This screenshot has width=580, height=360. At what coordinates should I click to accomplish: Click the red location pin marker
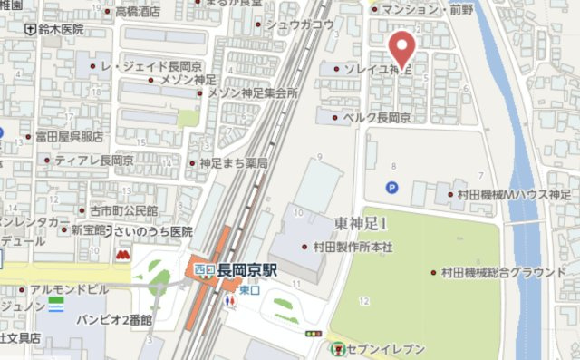402,45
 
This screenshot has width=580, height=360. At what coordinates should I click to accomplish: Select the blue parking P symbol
391,187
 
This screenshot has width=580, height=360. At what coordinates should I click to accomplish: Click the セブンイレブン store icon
337,348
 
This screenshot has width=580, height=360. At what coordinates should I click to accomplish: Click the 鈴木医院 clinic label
60,30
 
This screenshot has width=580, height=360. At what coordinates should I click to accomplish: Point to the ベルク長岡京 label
376,118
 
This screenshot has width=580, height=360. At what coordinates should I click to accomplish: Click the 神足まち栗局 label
233,163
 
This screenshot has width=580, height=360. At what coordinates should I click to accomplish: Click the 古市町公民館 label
117,210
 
